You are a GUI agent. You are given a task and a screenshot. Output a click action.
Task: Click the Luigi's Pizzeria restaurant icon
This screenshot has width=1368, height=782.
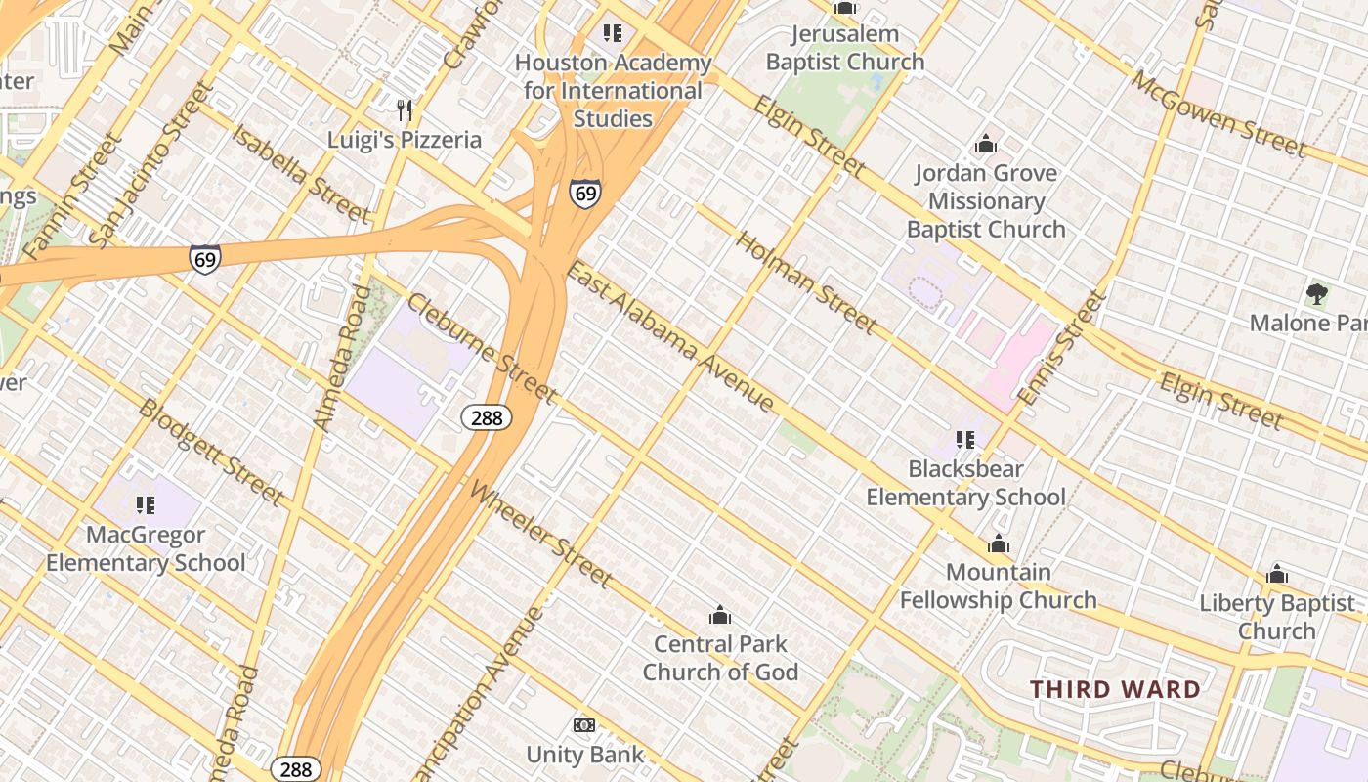coord(405,109)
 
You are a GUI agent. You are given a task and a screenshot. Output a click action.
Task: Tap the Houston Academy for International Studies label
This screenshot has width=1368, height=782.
coord(613,91)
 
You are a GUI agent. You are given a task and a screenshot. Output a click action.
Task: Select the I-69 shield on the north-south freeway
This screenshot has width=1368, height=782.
coord(584,194)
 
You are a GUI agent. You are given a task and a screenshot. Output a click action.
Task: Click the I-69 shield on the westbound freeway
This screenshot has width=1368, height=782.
coord(204,259)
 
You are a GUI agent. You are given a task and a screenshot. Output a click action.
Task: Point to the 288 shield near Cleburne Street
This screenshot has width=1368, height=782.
coord(486,418)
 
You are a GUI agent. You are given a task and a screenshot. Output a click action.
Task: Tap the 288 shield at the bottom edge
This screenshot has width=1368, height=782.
coord(295,769)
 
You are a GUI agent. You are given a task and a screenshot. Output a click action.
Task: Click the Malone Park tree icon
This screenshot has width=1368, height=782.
coord(1316,293)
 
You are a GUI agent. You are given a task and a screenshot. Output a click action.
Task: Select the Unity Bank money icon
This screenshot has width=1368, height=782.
coord(584,725)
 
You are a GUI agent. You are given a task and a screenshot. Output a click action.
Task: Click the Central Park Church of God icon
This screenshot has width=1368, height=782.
coord(720,615)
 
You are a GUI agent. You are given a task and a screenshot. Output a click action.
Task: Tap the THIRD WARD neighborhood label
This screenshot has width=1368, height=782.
coord(1115,689)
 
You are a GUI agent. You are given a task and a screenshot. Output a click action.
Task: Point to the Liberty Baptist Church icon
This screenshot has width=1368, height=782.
coord(1277,575)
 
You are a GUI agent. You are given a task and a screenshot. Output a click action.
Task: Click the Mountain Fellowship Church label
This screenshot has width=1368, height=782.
coord(998,586)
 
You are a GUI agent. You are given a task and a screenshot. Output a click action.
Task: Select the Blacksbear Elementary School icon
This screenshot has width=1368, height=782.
coord(965,440)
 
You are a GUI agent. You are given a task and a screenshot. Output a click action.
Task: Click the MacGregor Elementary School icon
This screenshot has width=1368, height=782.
coord(146,505)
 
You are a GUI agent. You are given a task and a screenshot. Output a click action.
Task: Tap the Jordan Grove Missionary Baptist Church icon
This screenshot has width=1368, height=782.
coord(986,145)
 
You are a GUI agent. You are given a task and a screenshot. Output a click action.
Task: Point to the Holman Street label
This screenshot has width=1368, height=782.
coord(806,282)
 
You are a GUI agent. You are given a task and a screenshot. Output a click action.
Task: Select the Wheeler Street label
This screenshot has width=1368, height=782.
coord(541,535)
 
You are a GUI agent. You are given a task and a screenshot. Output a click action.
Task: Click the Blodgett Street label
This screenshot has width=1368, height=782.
coord(211,452)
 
